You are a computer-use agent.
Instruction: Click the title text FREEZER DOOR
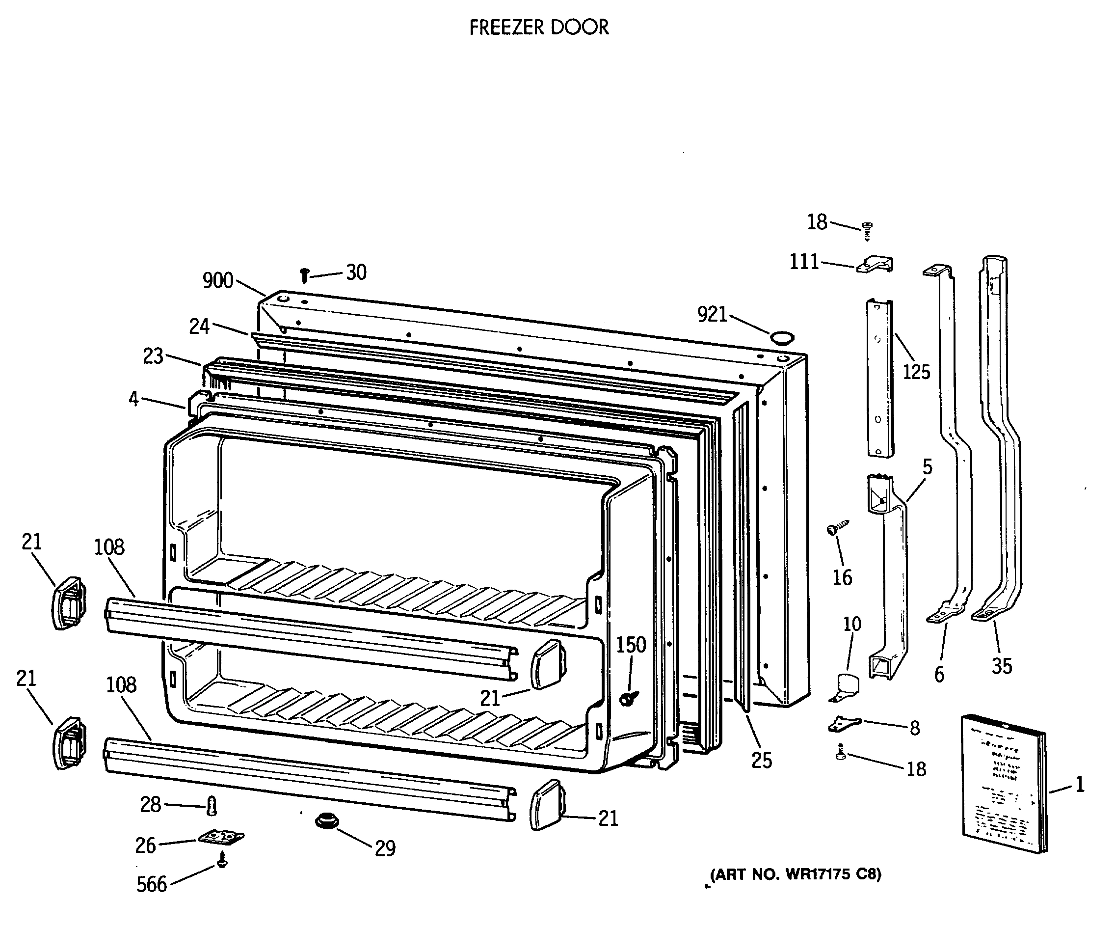(x=538, y=27)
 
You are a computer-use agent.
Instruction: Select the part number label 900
(x=218, y=280)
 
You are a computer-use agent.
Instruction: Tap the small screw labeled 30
(x=304, y=275)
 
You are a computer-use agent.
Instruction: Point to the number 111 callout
(x=804, y=262)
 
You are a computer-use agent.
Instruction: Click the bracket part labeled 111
(x=876, y=264)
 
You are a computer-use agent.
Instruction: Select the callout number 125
(x=916, y=372)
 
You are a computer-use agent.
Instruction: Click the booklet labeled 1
(x=1004, y=784)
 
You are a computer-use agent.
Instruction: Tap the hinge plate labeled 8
(x=844, y=724)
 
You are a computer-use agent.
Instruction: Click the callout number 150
(x=631, y=645)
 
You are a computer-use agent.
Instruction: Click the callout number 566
(x=151, y=884)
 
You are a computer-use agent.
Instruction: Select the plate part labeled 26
(x=221, y=838)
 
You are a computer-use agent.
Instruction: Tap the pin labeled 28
(x=212, y=806)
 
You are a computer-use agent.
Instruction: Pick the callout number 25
(x=761, y=761)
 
